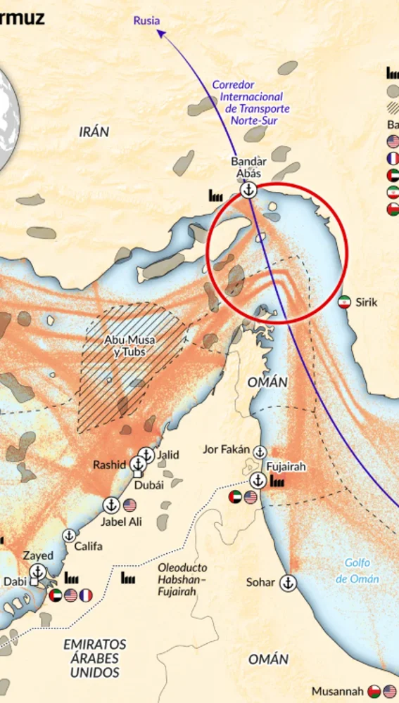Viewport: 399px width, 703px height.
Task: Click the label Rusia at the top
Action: pyautogui.click(x=147, y=20)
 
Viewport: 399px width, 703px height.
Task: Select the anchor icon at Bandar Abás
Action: pyautogui.click(x=248, y=191)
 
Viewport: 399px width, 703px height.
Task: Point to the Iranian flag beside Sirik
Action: pyautogui.click(x=344, y=302)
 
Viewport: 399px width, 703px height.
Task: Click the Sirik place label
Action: pyautogui.click(x=367, y=302)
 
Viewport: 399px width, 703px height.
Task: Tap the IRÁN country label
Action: pyautogui.click(x=94, y=131)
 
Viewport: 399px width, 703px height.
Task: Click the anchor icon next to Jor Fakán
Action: pyautogui.click(x=260, y=451)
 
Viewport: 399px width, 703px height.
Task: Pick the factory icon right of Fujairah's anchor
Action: pyautogui.click(x=277, y=482)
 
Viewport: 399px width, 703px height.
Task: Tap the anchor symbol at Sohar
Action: pyautogui.click(x=287, y=582)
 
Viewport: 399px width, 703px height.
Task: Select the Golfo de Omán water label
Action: pyautogui.click(x=357, y=570)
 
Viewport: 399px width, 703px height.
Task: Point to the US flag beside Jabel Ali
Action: pyautogui.click(x=129, y=505)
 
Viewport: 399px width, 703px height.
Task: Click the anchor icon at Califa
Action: pyautogui.click(x=69, y=536)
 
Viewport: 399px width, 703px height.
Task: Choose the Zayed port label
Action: pyautogui.click(x=38, y=555)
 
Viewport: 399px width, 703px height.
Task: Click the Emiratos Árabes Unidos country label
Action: pyautogui.click(x=95, y=658)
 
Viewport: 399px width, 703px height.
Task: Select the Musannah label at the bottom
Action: pyautogui.click(x=338, y=691)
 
